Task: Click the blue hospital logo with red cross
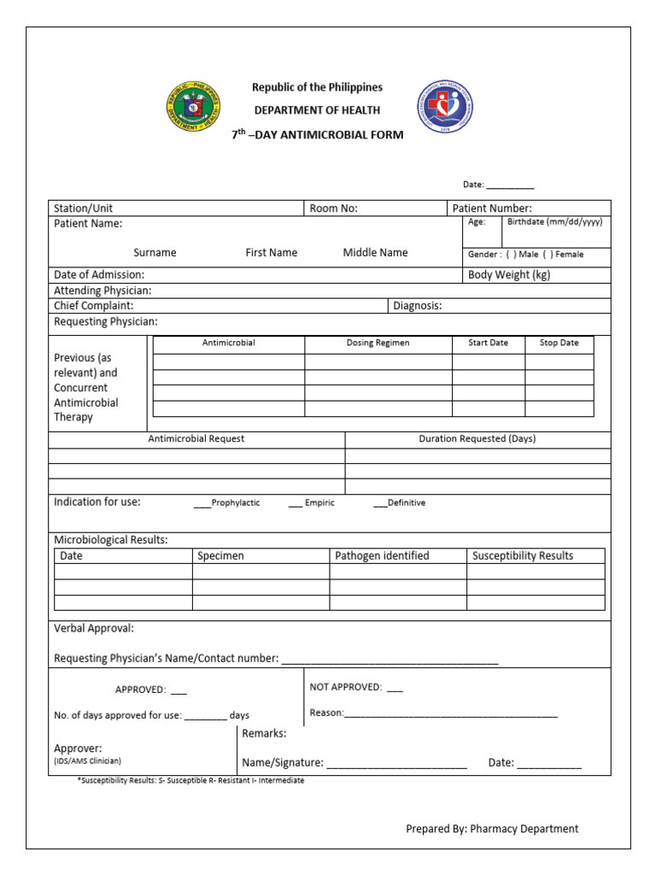pyautogui.click(x=444, y=107)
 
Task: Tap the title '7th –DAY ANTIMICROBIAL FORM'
pyautogui.click(x=318, y=135)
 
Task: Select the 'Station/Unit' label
pyautogui.click(x=83, y=208)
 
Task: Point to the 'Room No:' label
pyautogui.click(x=333, y=208)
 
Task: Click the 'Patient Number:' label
pyautogui.click(x=492, y=208)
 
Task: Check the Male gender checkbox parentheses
pyautogui.click(x=510, y=255)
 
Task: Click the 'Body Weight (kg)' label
pyautogui.click(x=509, y=275)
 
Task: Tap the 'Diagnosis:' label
pyautogui.click(x=417, y=306)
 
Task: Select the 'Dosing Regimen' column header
pyautogui.click(x=378, y=343)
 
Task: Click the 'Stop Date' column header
pyautogui.click(x=559, y=343)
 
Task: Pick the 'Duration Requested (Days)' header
pyautogui.click(x=477, y=438)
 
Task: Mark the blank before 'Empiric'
pyautogui.click(x=296, y=503)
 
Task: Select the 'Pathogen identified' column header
pyautogui.click(x=382, y=555)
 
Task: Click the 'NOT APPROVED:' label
pyautogui.click(x=345, y=687)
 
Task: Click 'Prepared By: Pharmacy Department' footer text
pyautogui.click(x=492, y=829)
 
